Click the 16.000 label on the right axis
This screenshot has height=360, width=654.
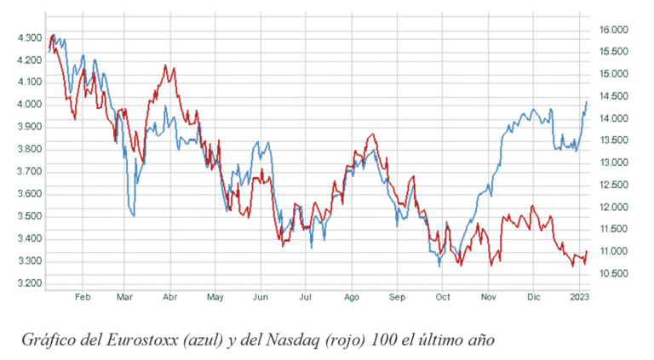pos(614,30)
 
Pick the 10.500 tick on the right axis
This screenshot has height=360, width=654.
pos(614,274)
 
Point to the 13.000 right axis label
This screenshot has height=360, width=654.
pos(614,163)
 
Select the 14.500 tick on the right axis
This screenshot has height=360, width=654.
pos(614,96)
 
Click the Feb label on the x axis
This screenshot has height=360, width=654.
pos(83,298)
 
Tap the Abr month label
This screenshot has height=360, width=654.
pos(169,298)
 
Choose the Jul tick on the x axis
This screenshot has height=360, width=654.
pos(305,298)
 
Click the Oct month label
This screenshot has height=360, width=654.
pos(442,298)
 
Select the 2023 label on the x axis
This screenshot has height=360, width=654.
pos(579,298)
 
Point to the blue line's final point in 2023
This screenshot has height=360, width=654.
pos(587,102)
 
